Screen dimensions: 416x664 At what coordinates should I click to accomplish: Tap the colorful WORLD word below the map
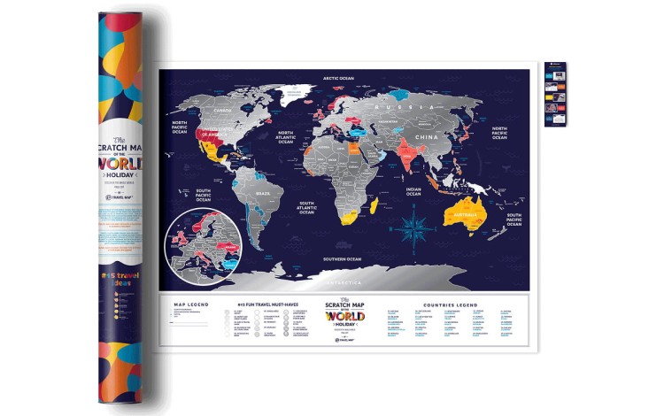pyautogui.click(x=344, y=316)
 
